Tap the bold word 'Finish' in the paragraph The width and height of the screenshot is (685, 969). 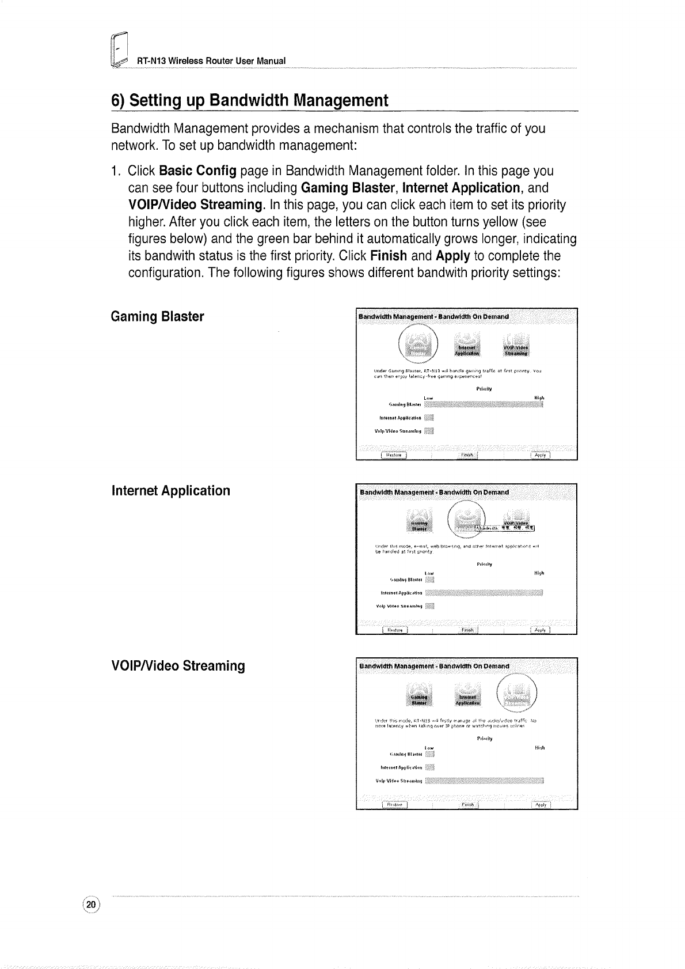click(389, 256)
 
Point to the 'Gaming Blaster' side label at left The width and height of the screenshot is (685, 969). click(157, 317)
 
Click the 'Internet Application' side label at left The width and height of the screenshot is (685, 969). click(171, 491)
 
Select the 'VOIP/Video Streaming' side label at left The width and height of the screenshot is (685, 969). click(178, 666)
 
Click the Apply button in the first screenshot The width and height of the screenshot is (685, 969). click(540, 455)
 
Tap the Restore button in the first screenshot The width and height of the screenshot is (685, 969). click(394, 455)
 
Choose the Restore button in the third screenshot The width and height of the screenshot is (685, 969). click(394, 805)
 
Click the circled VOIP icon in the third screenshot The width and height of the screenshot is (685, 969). click(517, 696)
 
